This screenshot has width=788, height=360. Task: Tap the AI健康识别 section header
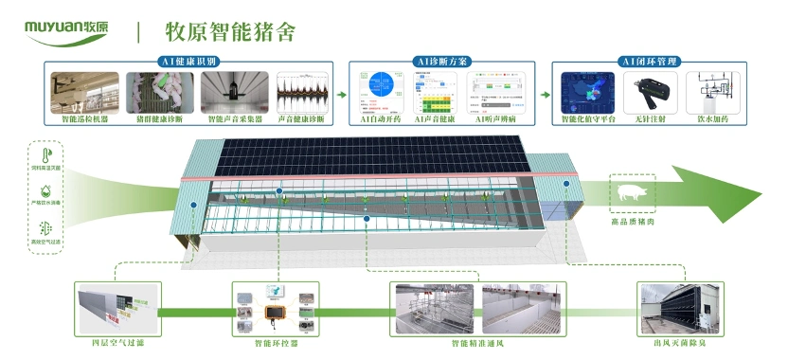coord(188,62)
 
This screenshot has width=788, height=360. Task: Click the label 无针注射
coord(654,120)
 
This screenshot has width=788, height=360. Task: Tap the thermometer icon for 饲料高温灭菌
coord(46,155)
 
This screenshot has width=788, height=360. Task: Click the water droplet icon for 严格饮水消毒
coord(46,192)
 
